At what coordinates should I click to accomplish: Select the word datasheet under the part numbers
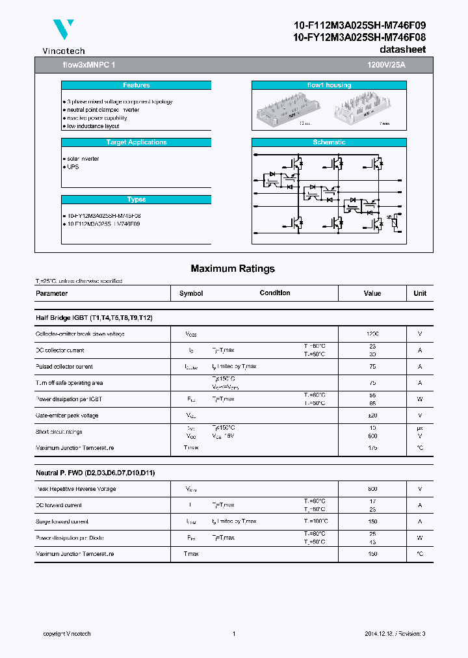pos(402,49)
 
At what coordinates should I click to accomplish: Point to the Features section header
pos(136,85)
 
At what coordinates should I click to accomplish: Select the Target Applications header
pos(136,142)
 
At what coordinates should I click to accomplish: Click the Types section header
pos(136,200)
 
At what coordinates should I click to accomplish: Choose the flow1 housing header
pos(329,85)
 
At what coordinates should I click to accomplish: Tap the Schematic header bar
pos(329,142)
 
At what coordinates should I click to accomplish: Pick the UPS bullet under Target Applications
pos(72,167)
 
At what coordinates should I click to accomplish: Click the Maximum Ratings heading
pos(233,269)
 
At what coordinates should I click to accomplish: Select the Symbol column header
pos(191,293)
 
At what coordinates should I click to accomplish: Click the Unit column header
pos(420,293)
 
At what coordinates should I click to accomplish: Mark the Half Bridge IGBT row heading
pos(94,317)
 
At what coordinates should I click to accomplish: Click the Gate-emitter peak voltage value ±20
pos(372,415)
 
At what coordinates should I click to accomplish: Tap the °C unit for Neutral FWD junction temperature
pos(420,554)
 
